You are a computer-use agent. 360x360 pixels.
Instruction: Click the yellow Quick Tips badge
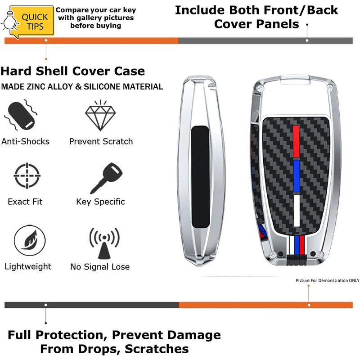click(x=34, y=20)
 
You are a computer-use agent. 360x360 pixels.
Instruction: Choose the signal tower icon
click(x=104, y=243)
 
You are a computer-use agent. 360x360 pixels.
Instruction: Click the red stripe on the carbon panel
click(x=296, y=139)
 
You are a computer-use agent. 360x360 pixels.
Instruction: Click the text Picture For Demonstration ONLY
click(x=328, y=280)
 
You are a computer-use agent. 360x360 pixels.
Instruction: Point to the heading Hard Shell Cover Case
click(x=73, y=71)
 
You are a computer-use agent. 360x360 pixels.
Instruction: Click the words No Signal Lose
click(x=100, y=267)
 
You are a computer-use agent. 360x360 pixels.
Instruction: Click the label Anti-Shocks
click(x=25, y=141)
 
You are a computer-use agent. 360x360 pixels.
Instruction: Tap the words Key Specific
click(x=100, y=202)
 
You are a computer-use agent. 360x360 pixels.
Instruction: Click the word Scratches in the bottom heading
click(x=157, y=349)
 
